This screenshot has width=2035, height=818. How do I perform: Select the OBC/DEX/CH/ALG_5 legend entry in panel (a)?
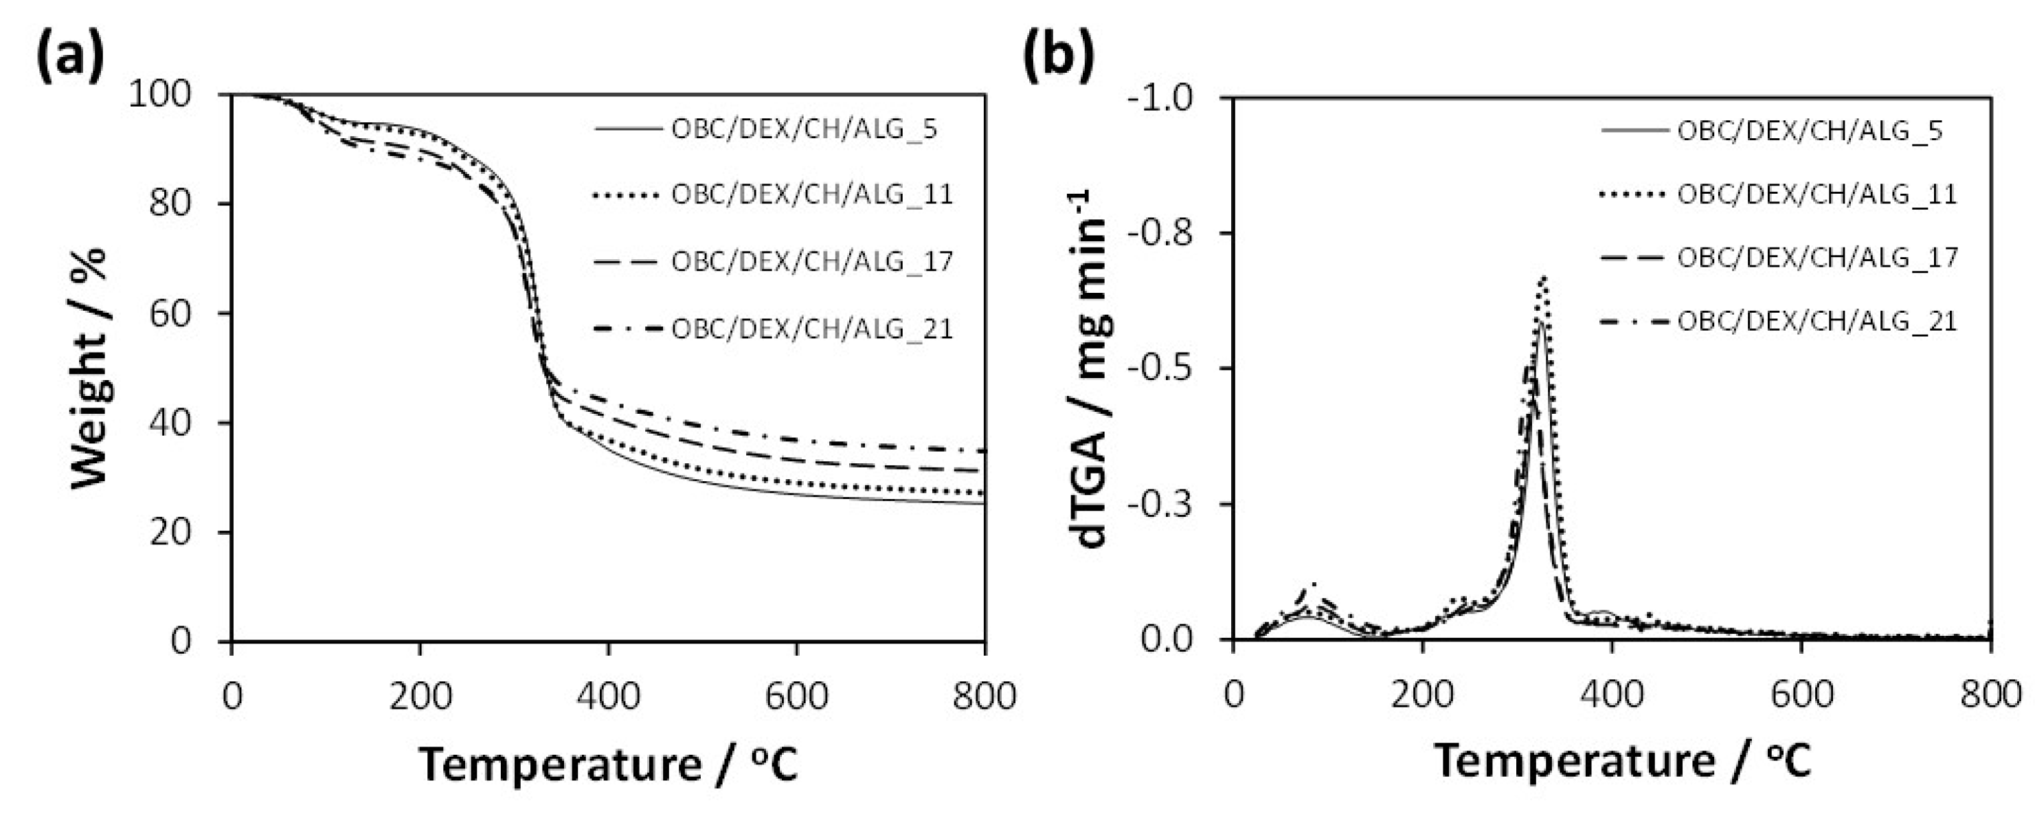pyautogui.click(x=803, y=128)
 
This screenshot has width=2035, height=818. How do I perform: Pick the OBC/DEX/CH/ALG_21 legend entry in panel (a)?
pyautogui.click(x=811, y=328)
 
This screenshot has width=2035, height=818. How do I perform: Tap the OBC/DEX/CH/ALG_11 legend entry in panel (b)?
pyautogui.click(x=1816, y=194)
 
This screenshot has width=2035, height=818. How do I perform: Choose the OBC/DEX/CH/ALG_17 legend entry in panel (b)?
pyautogui.click(x=1816, y=258)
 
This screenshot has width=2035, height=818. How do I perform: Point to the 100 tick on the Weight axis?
pyautogui.click(x=170, y=95)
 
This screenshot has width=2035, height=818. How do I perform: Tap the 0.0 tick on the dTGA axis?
pyautogui.click(x=1175, y=639)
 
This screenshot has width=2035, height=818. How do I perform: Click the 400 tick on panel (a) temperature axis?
pyautogui.click(x=608, y=696)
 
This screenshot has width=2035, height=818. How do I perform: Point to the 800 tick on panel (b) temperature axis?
pyautogui.click(x=1992, y=696)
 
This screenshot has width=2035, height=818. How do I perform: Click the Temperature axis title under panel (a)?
pyautogui.click(x=608, y=764)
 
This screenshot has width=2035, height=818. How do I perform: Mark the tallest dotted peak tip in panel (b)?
pyautogui.click(x=1542, y=276)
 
